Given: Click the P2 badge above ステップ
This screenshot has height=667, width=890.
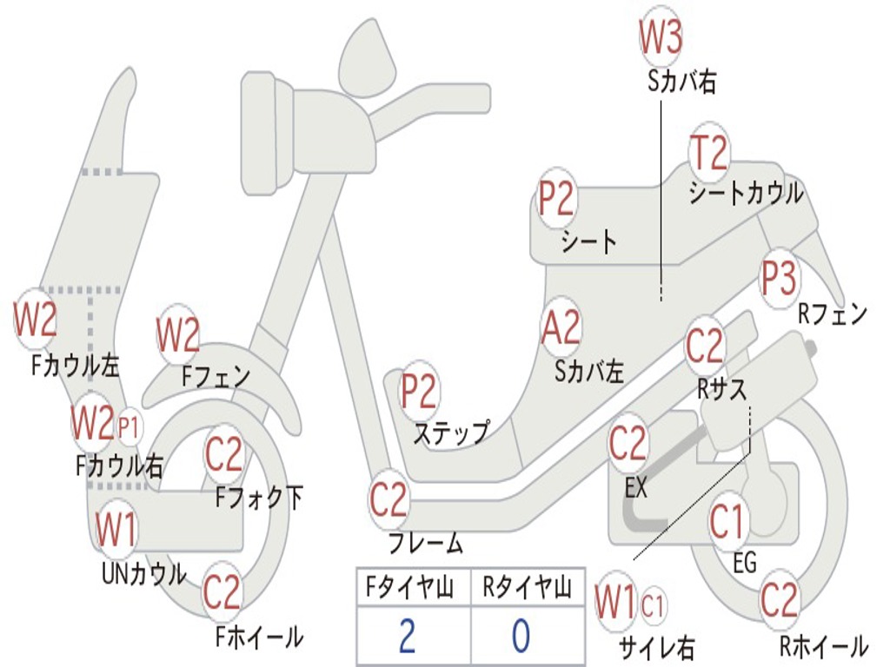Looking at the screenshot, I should pos(419,392).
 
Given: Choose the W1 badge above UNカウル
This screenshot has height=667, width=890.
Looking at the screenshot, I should pos(116,530).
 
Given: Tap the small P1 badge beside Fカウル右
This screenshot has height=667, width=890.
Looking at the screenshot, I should pos(129,426).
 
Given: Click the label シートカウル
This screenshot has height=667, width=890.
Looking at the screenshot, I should pos(746,193).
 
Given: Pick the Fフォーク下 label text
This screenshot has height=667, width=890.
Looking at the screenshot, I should pos(259,498).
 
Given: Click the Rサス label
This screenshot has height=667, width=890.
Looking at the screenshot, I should pos(721,390).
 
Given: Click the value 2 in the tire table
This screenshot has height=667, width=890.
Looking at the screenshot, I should pos(408,636).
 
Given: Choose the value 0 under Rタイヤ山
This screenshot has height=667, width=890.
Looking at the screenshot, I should pos(521,636).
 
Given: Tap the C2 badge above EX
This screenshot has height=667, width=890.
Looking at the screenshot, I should pos(628,445).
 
